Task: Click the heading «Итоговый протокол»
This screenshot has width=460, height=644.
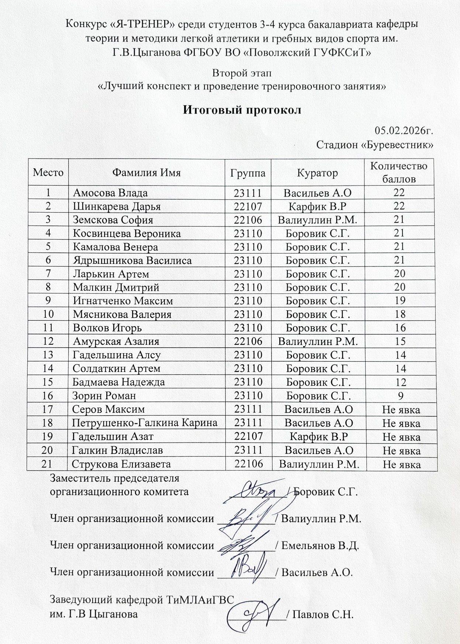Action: click(242, 110)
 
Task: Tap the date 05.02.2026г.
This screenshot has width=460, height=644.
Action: click(404, 131)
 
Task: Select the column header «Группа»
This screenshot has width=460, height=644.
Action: click(248, 173)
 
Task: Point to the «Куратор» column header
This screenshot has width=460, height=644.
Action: click(317, 173)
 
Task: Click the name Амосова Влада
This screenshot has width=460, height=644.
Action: click(110, 193)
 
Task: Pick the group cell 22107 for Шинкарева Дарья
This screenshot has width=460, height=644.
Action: click(248, 206)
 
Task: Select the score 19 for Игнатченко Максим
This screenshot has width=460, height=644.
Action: click(400, 301)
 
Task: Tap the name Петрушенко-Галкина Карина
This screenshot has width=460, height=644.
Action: click(145, 423)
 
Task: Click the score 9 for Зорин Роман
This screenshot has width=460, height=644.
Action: click(400, 396)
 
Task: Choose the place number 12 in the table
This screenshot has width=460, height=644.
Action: click(48, 341)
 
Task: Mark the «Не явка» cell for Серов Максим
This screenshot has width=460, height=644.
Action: click(401, 409)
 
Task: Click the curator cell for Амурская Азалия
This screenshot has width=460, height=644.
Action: click(318, 341)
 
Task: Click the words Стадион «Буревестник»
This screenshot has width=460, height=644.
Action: click(374, 144)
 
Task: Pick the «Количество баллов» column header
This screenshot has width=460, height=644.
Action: click(399, 172)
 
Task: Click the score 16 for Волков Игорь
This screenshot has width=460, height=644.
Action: click(400, 328)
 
